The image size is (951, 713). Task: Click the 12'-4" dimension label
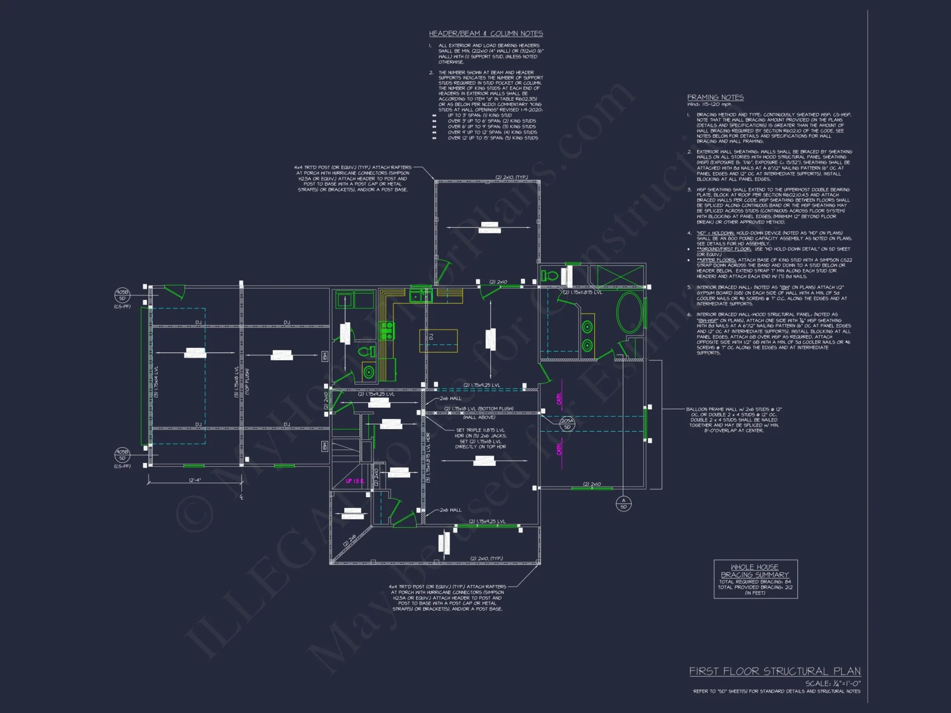(195, 480)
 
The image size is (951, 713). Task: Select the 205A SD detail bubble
(567, 424)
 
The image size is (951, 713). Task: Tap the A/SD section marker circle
(623, 503)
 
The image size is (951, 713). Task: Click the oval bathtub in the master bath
(629, 313)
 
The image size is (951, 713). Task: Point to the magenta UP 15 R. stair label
(355, 481)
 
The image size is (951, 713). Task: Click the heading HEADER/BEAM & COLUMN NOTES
(485, 34)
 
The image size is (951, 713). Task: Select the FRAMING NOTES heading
(715, 97)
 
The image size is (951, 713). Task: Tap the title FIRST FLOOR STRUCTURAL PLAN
(775, 671)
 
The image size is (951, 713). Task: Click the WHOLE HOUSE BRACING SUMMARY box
(755, 579)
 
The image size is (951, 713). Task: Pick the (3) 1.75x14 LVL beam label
(156, 382)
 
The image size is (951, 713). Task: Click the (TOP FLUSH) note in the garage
(247, 382)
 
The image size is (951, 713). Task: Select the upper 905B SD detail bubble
(122, 295)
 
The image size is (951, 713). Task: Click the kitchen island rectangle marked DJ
(438, 341)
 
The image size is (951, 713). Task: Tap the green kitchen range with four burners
(387, 330)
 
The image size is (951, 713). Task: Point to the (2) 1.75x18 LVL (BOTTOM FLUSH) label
(478, 409)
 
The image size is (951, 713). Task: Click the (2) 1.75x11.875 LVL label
(582, 292)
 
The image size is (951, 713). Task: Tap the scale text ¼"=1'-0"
(832, 683)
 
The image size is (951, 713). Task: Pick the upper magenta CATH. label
(559, 398)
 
